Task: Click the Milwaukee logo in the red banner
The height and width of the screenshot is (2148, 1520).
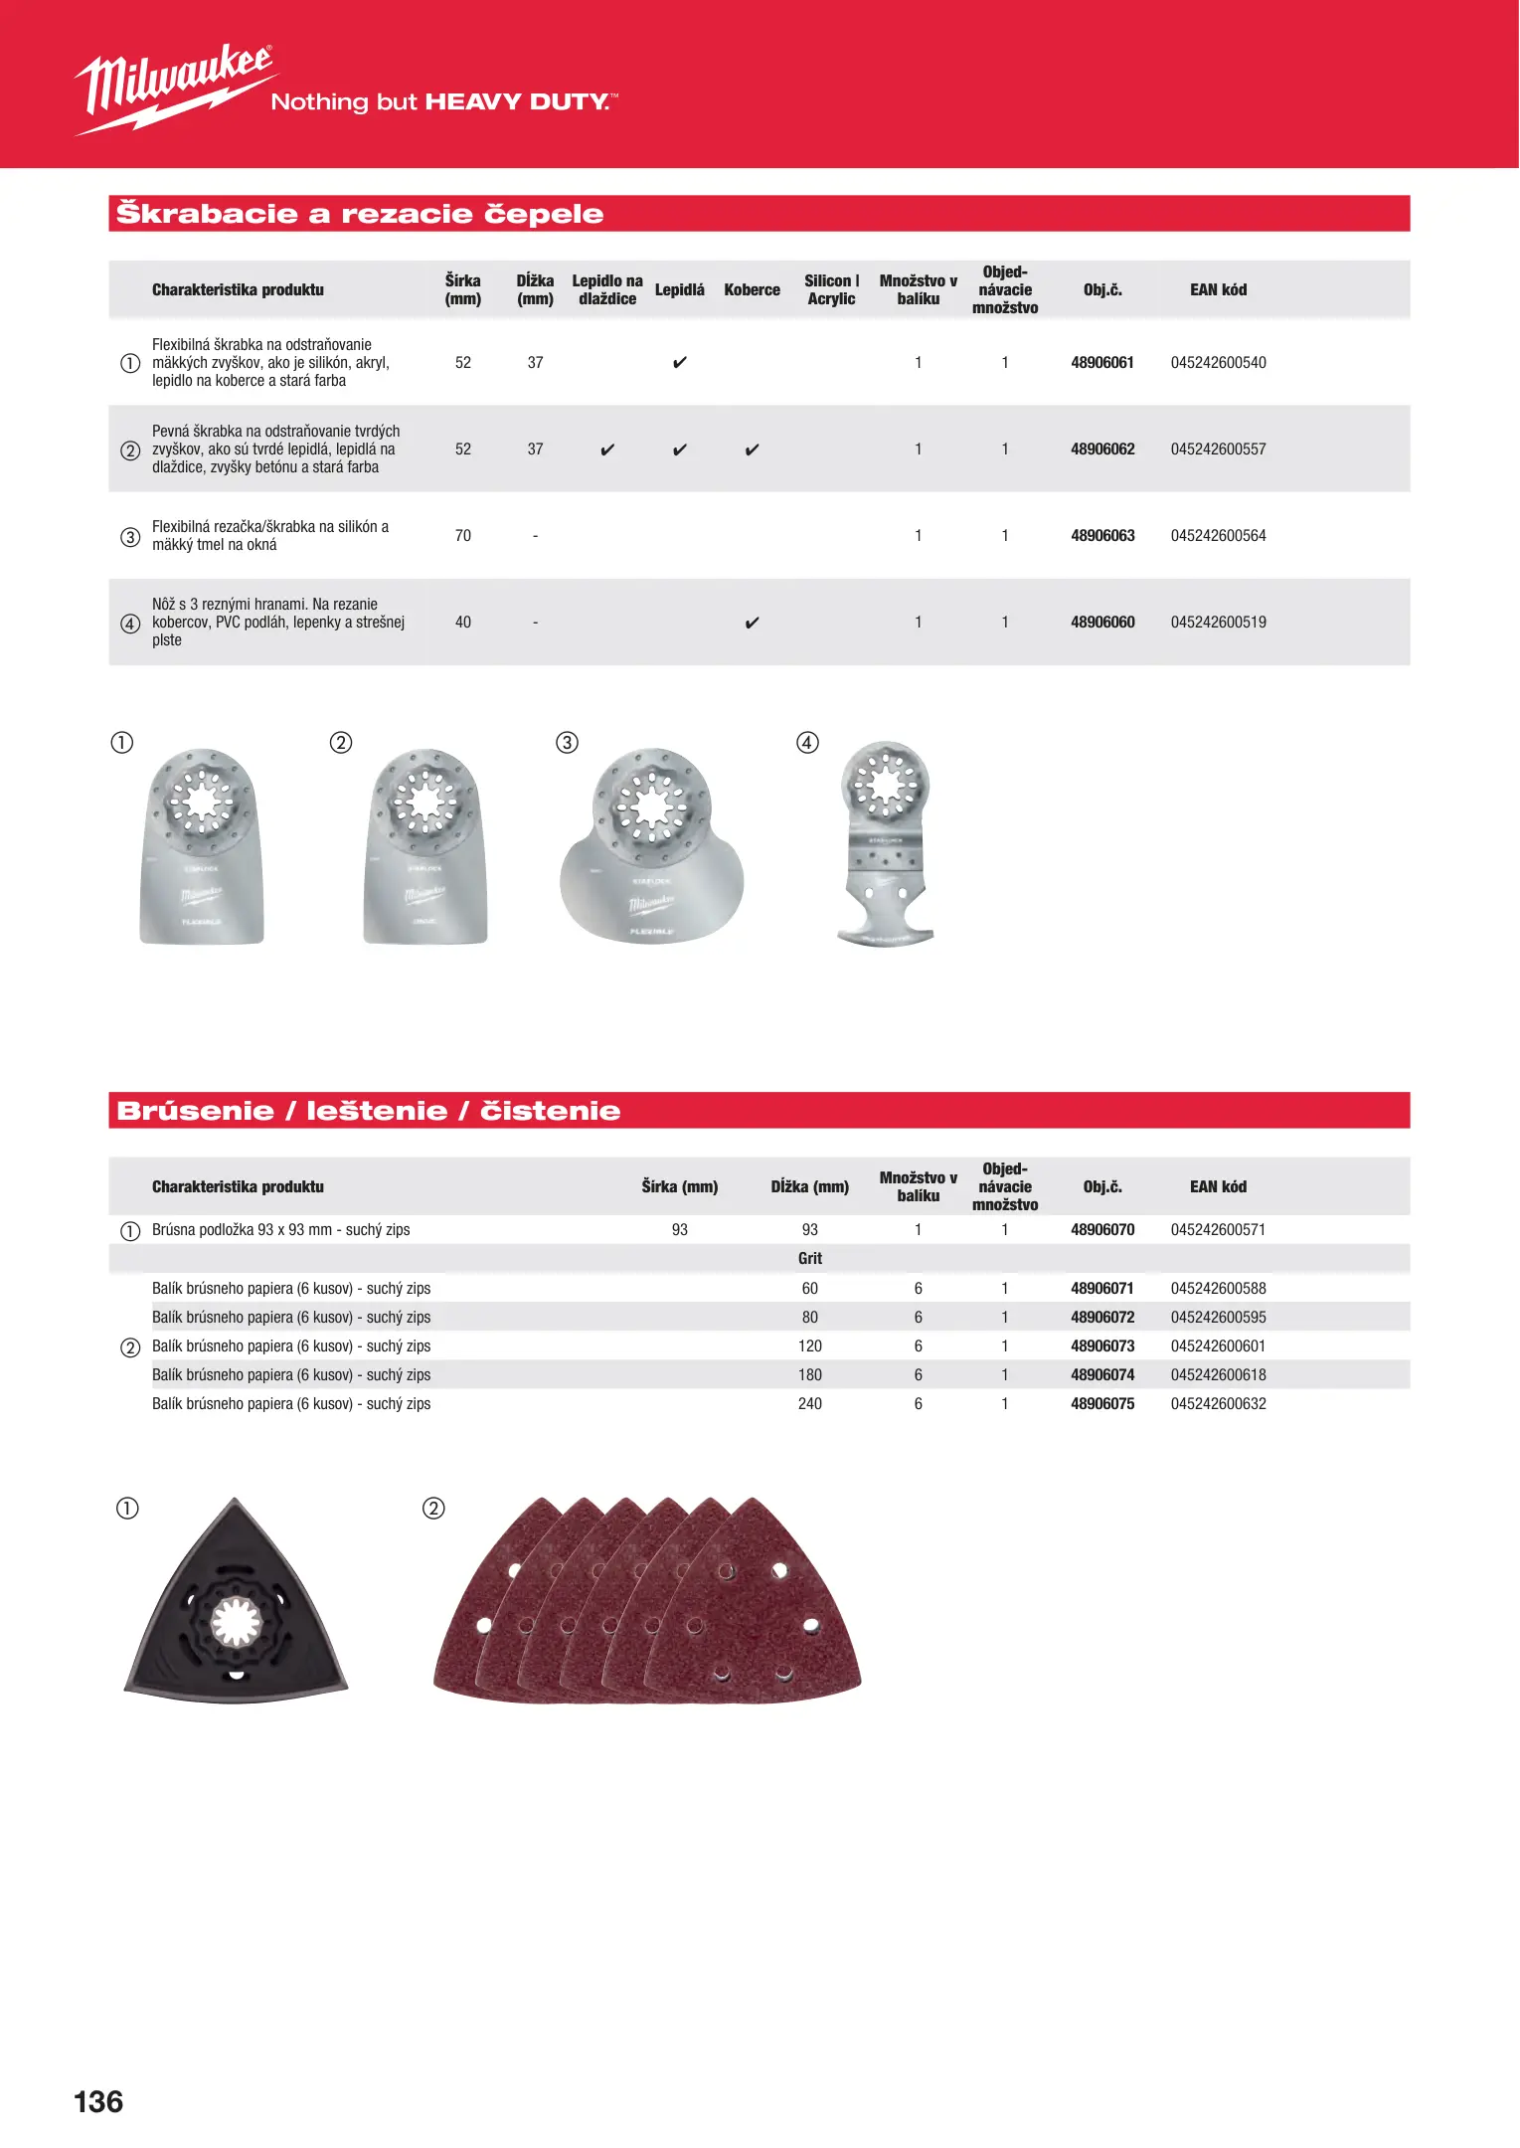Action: pos(175,88)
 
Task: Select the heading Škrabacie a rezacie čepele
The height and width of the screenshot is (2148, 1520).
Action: pos(360,214)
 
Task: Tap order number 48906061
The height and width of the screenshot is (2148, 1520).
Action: pos(1101,363)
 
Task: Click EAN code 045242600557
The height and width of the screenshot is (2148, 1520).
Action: pos(1218,449)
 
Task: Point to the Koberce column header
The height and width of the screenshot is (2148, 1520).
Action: pos(752,290)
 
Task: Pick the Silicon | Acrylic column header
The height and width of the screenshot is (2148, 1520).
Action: pos(831,290)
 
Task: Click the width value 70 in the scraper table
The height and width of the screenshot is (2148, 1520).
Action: pos(463,536)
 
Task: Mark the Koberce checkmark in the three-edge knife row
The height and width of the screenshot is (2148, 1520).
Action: pos(752,624)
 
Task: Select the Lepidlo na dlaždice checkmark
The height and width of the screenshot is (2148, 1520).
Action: pos(607,450)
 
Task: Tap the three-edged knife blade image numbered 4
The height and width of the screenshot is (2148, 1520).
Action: pos(886,845)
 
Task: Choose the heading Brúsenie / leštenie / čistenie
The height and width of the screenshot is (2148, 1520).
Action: pos(368,1111)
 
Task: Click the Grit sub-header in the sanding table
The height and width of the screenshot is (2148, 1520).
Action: pos(809,1259)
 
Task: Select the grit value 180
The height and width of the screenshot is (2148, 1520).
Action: pos(809,1375)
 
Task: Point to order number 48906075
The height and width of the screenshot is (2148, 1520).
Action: pos(1101,1404)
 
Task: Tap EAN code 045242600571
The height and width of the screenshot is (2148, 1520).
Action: pos(1218,1230)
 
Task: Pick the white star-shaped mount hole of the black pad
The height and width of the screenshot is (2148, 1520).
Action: pos(236,1623)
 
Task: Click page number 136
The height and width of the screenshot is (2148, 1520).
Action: pos(98,2101)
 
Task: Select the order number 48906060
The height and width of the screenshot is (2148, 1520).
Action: pos(1101,623)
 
